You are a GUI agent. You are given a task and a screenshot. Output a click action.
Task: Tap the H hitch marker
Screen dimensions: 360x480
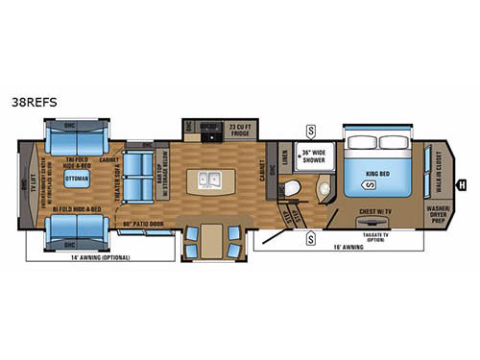[x=462, y=184]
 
